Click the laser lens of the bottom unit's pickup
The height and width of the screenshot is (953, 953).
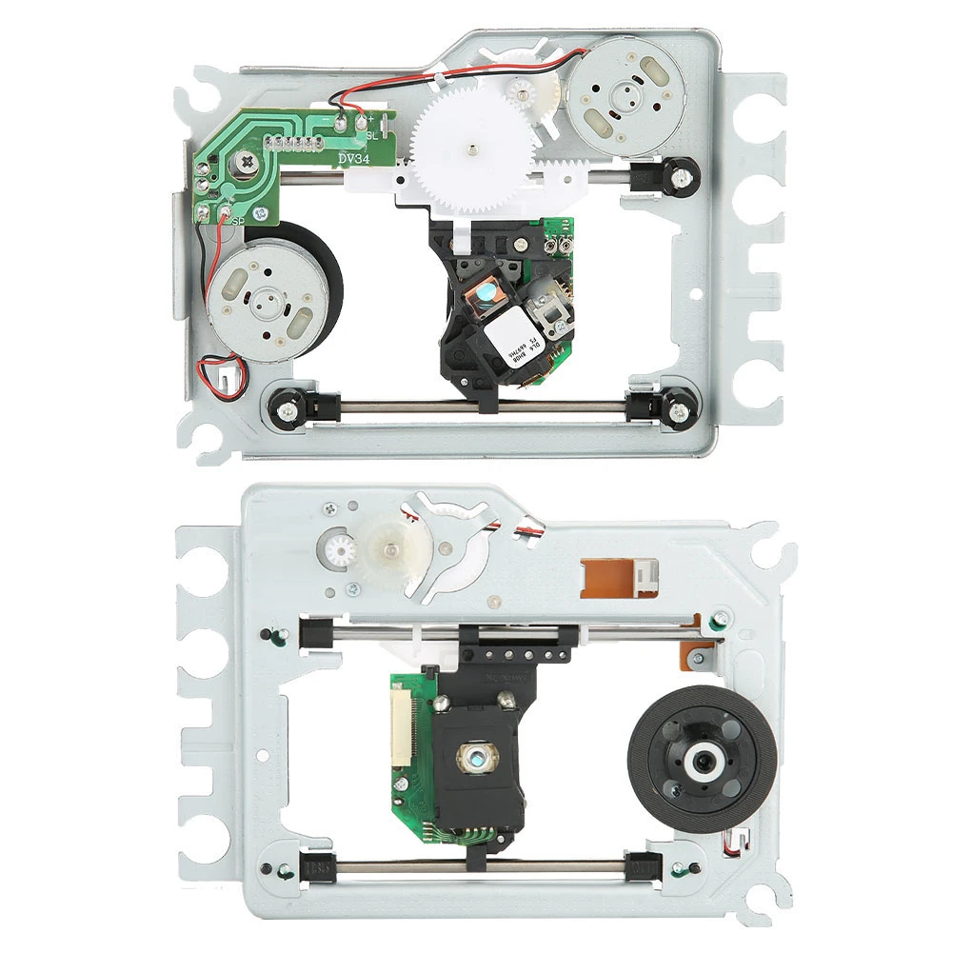point(474,757)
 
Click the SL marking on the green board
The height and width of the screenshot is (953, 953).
point(372,134)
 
